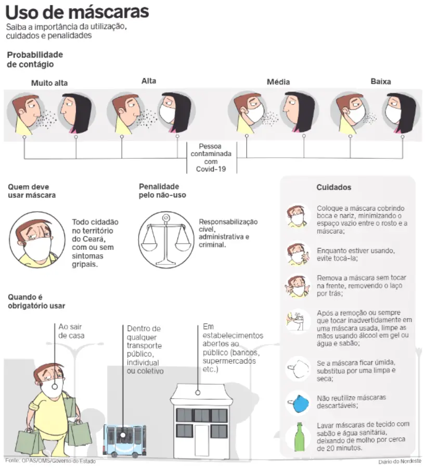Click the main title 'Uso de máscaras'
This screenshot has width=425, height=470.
click(x=78, y=12)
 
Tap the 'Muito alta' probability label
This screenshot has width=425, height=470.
click(x=49, y=83)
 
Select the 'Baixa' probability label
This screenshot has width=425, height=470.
click(x=381, y=82)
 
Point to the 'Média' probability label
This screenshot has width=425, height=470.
click(x=278, y=82)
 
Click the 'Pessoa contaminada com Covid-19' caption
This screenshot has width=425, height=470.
click(x=211, y=158)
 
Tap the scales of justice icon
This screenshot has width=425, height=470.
click(x=166, y=240)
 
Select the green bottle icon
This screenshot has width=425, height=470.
click(x=299, y=437)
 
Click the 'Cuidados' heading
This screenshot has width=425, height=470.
click(x=333, y=187)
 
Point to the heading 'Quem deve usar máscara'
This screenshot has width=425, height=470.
click(x=32, y=191)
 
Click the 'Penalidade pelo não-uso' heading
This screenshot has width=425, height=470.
click(x=162, y=190)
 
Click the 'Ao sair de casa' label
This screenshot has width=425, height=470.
click(x=71, y=331)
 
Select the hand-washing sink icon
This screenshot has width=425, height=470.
click(x=298, y=320)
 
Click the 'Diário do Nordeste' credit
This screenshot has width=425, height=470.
click(x=400, y=461)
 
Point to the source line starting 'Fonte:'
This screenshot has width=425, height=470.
click(x=50, y=461)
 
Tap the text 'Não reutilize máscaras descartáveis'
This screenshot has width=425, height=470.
click(x=351, y=402)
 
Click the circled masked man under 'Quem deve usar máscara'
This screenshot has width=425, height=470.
click(x=37, y=239)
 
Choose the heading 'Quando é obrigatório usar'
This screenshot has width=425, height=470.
click(x=36, y=301)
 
